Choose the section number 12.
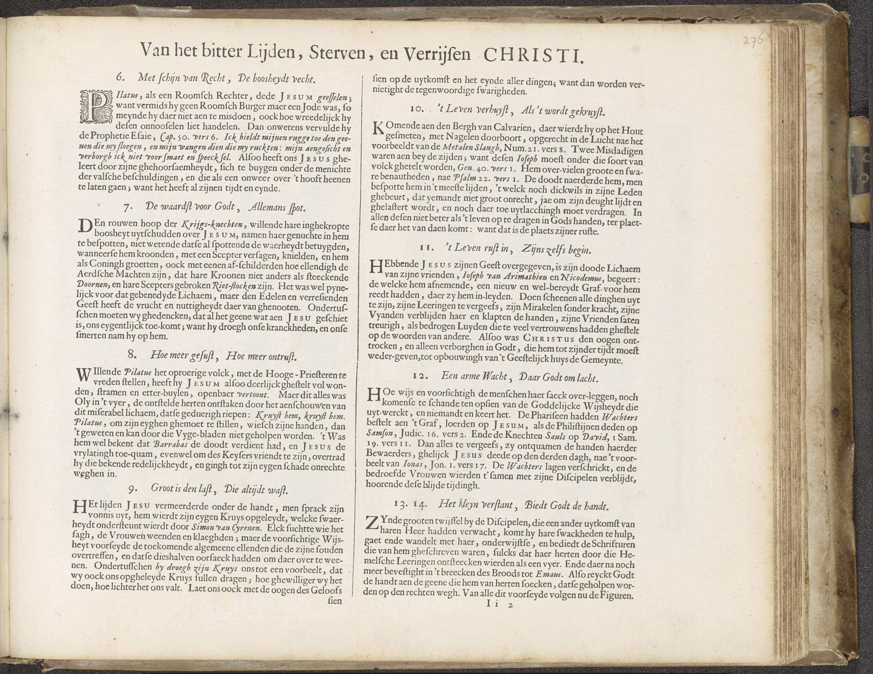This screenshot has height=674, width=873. [420, 376]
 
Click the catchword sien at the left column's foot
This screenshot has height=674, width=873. [335, 601]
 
